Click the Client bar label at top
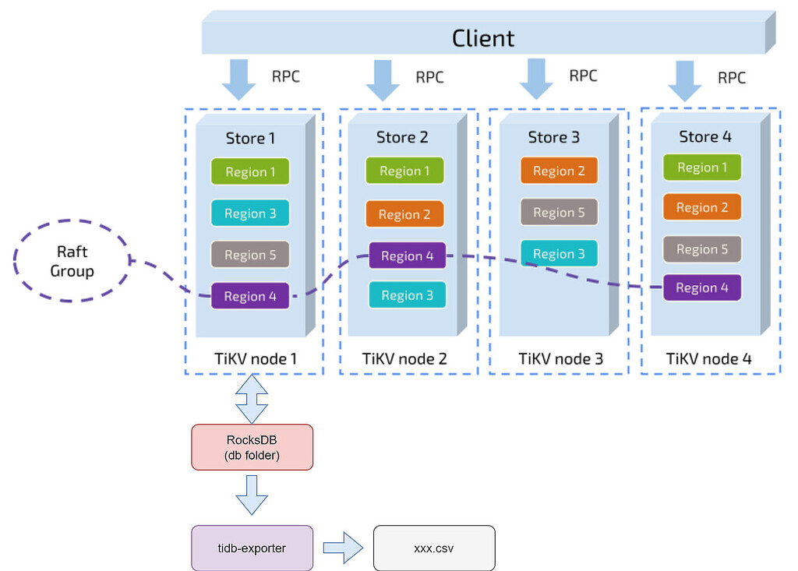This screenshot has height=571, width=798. click(x=483, y=37)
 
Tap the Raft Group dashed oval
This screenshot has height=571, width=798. click(x=72, y=262)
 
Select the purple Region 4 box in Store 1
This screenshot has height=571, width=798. click(x=250, y=296)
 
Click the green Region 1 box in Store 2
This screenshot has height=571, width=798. click(x=404, y=171)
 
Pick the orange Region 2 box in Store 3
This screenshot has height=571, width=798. click(x=559, y=171)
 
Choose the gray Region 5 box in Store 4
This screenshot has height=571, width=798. click(x=701, y=249)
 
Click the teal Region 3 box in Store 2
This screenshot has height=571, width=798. click(x=407, y=295)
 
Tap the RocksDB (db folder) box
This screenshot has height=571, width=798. click(x=252, y=447)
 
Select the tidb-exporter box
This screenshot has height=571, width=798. click(x=252, y=548)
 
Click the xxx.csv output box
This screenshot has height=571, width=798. click(x=434, y=548)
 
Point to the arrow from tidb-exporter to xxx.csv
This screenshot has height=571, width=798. click(x=343, y=548)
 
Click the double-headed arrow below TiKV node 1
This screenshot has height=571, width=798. click(x=252, y=399)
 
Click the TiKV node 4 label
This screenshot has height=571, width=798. click(x=708, y=359)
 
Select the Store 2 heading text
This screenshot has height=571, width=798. click(x=402, y=137)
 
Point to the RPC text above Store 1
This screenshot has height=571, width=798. click(x=285, y=76)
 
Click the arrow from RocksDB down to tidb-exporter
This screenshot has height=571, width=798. click(x=252, y=495)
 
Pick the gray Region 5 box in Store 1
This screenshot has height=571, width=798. click(x=250, y=255)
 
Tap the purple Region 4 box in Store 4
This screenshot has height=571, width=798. click(x=701, y=287)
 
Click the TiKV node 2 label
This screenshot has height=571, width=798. click(x=404, y=359)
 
